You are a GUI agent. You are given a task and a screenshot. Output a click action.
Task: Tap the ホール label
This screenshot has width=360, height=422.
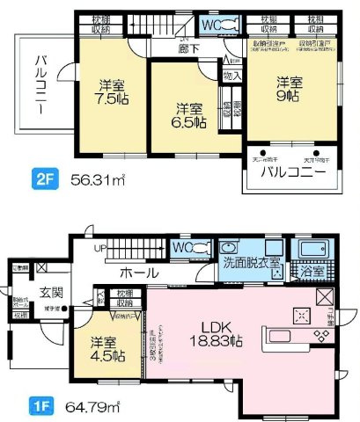tap(139, 272)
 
